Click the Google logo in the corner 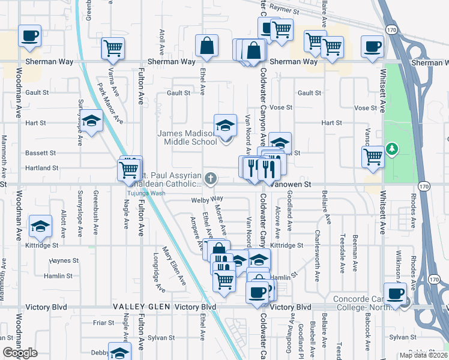point(20,353)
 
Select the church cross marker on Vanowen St point(210,178)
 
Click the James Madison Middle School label point(187,137)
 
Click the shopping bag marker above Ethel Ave point(206,46)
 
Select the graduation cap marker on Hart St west point(92,122)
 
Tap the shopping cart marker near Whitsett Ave point(373,157)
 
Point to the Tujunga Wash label point(145,193)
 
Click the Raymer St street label point(285,10)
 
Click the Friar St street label point(103,322)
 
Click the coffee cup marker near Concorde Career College point(396,294)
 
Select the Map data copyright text point(423,355)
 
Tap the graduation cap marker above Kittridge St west point(40,226)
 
